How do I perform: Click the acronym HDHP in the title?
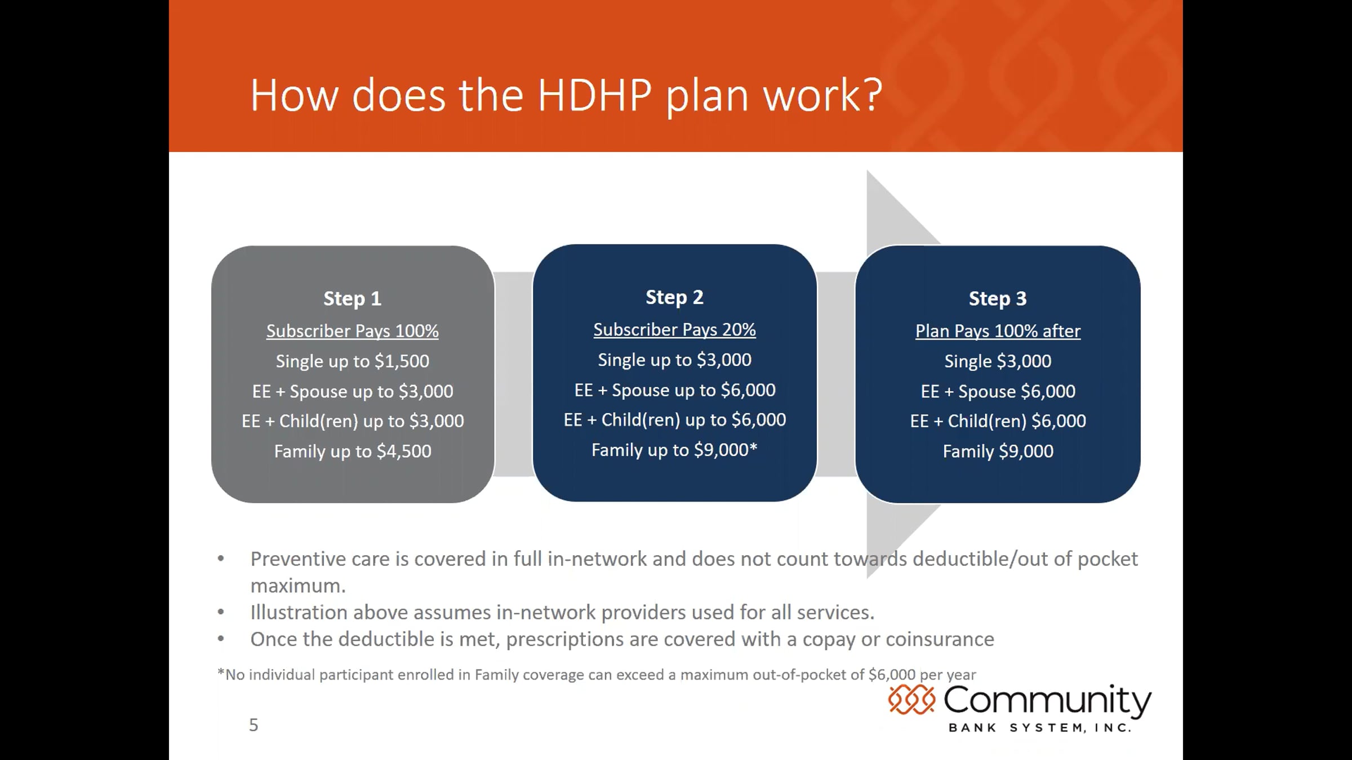595,95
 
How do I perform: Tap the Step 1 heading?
352,298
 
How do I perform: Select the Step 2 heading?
674,297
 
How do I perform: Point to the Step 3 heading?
998,298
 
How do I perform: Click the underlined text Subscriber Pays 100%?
352,331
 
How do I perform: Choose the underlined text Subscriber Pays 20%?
674,330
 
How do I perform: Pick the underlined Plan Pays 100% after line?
998,331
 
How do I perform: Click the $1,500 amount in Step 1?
402,361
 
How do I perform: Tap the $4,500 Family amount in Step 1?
404,451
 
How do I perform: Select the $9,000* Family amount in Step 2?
726,450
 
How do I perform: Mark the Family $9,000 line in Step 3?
998,451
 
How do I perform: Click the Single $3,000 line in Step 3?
998,361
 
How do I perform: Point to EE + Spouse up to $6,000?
675,390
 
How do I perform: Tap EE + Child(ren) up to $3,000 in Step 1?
353,421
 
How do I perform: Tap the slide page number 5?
253,725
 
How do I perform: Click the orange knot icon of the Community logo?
911,700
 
